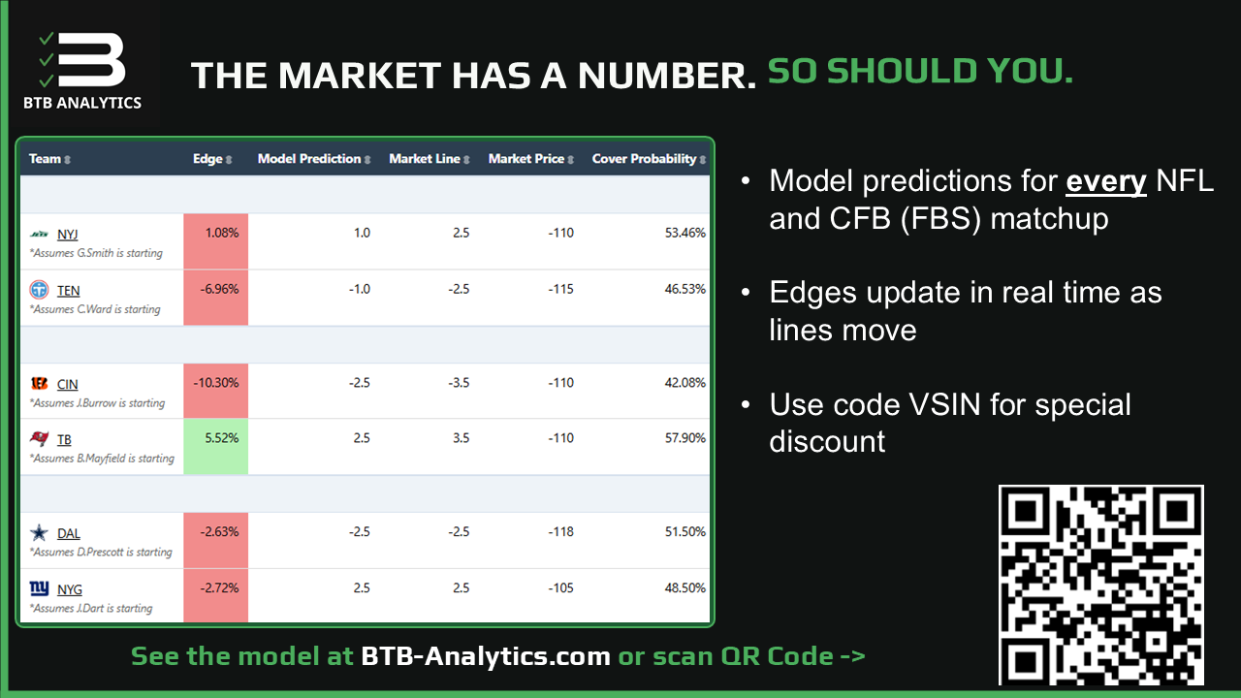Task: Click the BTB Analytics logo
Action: click(x=82, y=69)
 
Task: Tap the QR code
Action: click(x=1100, y=585)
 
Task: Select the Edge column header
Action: click(x=212, y=159)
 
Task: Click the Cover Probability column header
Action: click(x=649, y=159)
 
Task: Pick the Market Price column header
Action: click(x=530, y=159)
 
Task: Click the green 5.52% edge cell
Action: click(x=215, y=447)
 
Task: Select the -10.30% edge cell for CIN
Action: click(x=215, y=391)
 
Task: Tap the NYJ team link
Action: click(x=68, y=235)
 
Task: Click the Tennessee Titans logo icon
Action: click(x=39, y=290)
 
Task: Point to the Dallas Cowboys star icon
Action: click(x=39, y=533)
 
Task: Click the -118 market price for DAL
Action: click(x=560, y=532)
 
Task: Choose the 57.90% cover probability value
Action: click(x=685, y=438)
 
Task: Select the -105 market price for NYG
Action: click(x=560, y=587)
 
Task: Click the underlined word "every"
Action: click(x=1106, y=181)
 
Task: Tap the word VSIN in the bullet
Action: click(x=945, y=405)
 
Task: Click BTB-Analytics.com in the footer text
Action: click(x=486, y=656)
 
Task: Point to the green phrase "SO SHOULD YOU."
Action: click(x=920, y=72)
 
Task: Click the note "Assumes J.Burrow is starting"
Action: click(x=98, y=403)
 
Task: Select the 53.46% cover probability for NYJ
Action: click(x=685, y=233)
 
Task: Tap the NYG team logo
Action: click(x=39, y=588)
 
